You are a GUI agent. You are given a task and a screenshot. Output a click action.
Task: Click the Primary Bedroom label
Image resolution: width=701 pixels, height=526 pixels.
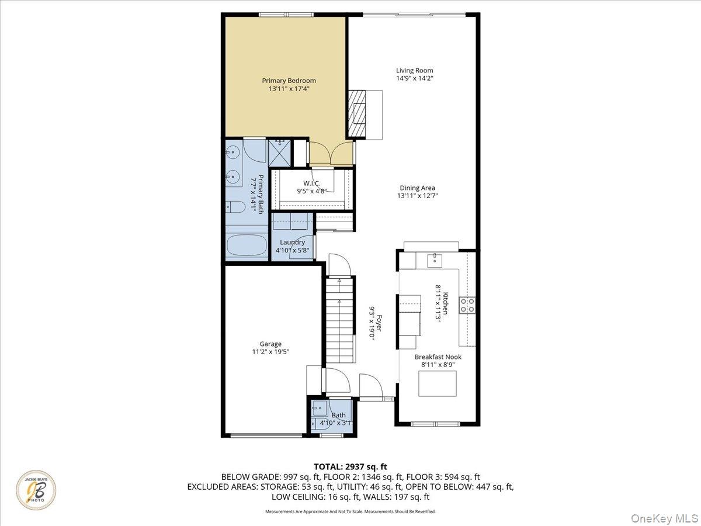pos(289,81)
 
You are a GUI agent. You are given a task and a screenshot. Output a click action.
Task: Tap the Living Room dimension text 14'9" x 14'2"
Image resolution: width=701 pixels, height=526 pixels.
pos(415,78)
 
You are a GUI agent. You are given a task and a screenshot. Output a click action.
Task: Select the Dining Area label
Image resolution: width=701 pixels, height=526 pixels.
pos(418,188)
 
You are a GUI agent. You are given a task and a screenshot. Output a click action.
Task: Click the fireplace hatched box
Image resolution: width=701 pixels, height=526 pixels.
pos(357,115)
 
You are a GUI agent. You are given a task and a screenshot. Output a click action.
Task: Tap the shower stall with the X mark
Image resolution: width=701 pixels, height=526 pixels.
pos(280,153)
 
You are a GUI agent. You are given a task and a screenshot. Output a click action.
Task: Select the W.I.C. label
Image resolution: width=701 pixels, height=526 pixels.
pos(312,184)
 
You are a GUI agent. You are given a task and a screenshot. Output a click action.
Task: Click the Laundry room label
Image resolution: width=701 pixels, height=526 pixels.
pos(292,243)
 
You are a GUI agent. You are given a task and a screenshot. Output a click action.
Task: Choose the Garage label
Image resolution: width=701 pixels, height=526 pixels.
pos(270,344)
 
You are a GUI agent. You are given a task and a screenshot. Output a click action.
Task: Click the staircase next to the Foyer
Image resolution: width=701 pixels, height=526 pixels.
pos(339,320)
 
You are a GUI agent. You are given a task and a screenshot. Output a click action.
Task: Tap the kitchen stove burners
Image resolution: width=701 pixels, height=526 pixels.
pos(467,305)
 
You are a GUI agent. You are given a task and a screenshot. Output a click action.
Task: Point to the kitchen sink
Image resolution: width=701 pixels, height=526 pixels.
pos(435,260)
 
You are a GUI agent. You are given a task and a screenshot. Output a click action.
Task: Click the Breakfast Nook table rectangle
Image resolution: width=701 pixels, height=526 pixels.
pos(438,383)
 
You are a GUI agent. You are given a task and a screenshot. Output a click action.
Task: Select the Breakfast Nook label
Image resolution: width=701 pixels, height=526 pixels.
pos(438,357)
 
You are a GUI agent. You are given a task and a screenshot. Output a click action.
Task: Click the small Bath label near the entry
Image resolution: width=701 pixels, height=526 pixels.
pos(338,415)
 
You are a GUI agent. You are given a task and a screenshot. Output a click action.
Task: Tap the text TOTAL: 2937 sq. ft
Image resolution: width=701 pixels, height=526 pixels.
pos(350,466)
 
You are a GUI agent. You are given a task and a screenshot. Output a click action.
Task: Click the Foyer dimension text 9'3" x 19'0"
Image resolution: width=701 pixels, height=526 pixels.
pos(372,323)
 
